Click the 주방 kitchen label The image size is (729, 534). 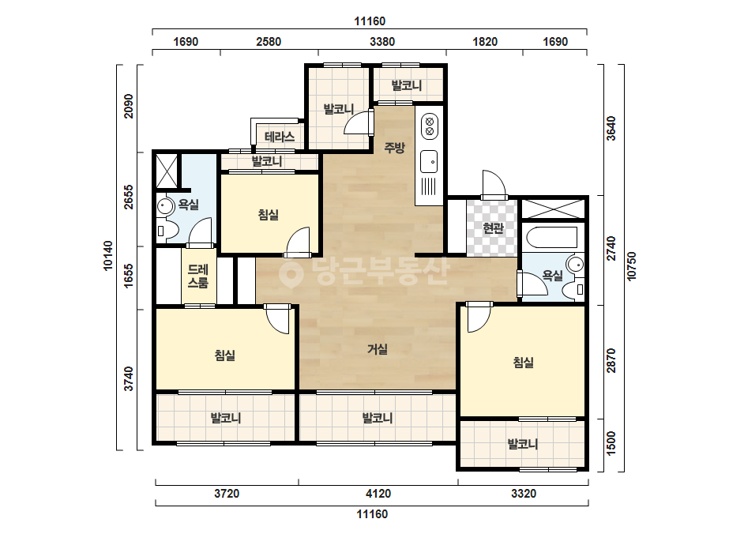(394, 148)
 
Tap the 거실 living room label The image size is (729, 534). (378, 348)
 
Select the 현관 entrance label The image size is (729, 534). (494, 228)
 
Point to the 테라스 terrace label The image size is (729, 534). (280, 137)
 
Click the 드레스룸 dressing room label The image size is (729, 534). (198, 276)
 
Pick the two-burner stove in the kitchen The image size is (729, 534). (430, 126)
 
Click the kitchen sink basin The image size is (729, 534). (429, 161)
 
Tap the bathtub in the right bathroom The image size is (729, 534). (552, 237)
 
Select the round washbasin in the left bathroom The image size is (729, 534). (164, 205)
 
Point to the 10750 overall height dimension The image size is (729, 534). (631, 266)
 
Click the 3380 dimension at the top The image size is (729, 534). (382, 42)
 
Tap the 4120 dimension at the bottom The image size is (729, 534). (378, 494)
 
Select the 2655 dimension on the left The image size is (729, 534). (129, 197)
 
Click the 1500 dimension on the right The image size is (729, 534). (611, 444)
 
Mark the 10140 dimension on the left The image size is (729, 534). (108, 255)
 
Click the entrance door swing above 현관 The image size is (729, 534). (494, 185)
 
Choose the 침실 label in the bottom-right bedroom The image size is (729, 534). (524, 363)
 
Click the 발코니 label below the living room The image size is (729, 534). (378, 418)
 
